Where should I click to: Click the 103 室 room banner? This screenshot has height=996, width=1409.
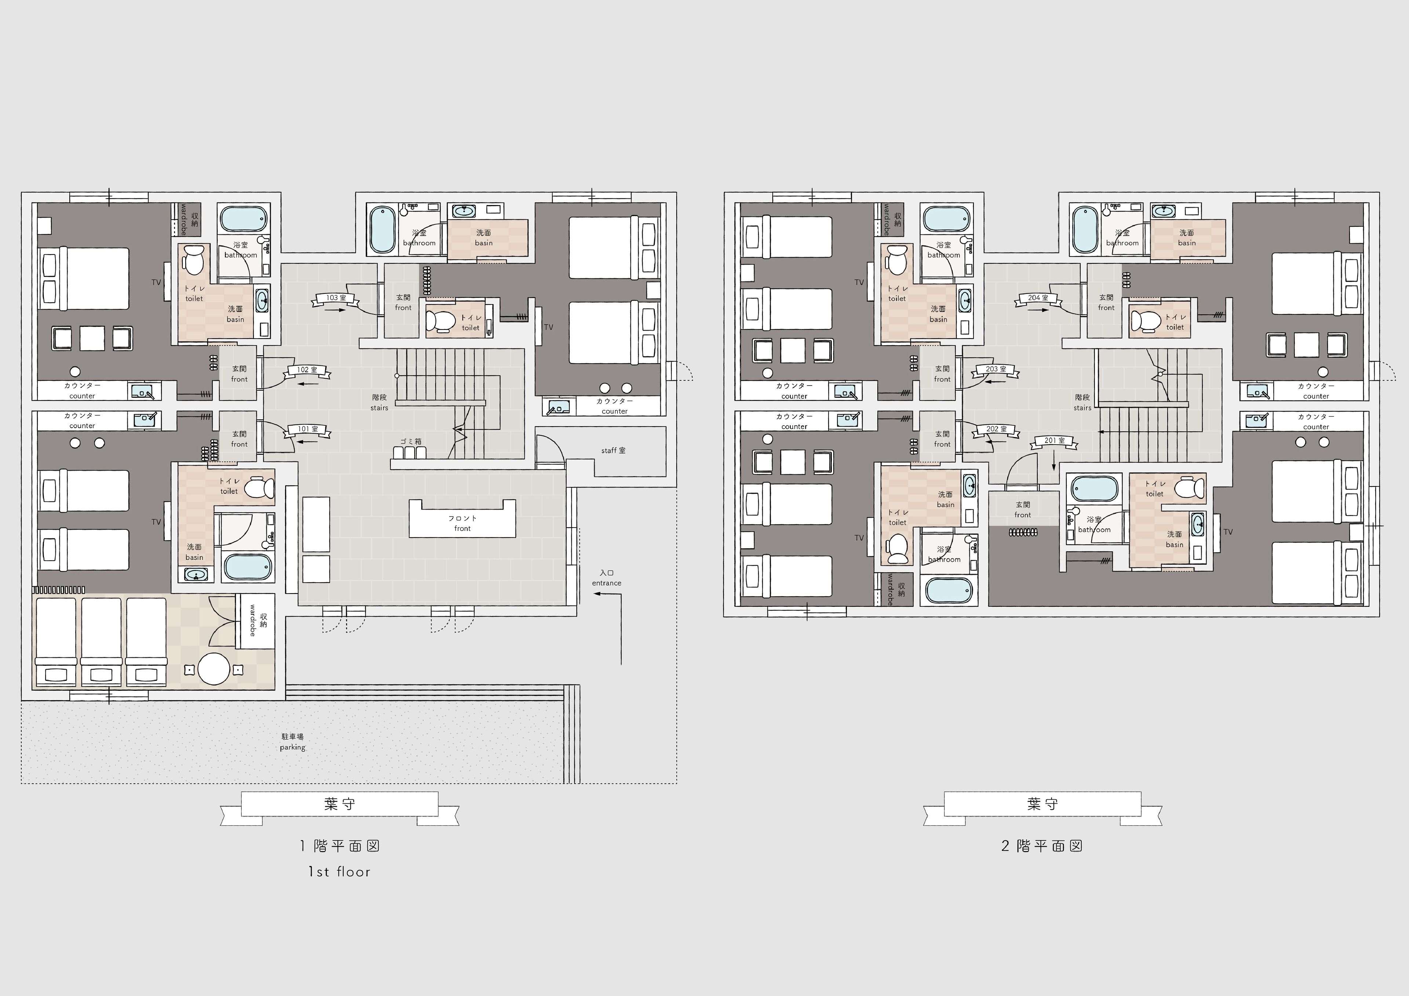pos(336,298)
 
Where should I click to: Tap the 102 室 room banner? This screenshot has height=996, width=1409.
pos(307,370)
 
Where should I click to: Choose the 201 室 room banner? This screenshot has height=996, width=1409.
pos(1054,441)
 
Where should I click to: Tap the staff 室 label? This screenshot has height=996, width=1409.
pos(613,450)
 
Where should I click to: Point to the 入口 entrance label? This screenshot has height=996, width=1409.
pos(606,577)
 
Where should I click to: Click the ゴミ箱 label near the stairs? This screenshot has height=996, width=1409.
pos(411,441)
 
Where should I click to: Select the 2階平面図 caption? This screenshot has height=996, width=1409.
pos(1041,846)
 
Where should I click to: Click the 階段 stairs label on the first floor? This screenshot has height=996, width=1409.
pos(379,402)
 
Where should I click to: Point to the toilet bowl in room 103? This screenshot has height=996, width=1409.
pos(439,320)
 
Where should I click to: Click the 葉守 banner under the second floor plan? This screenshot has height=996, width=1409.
pos(1042,804)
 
